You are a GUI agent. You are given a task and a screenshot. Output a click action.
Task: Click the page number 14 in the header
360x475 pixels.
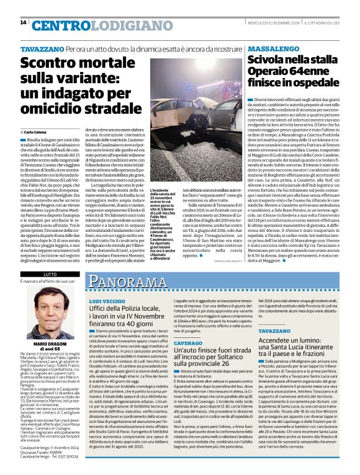coord(23,22)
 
